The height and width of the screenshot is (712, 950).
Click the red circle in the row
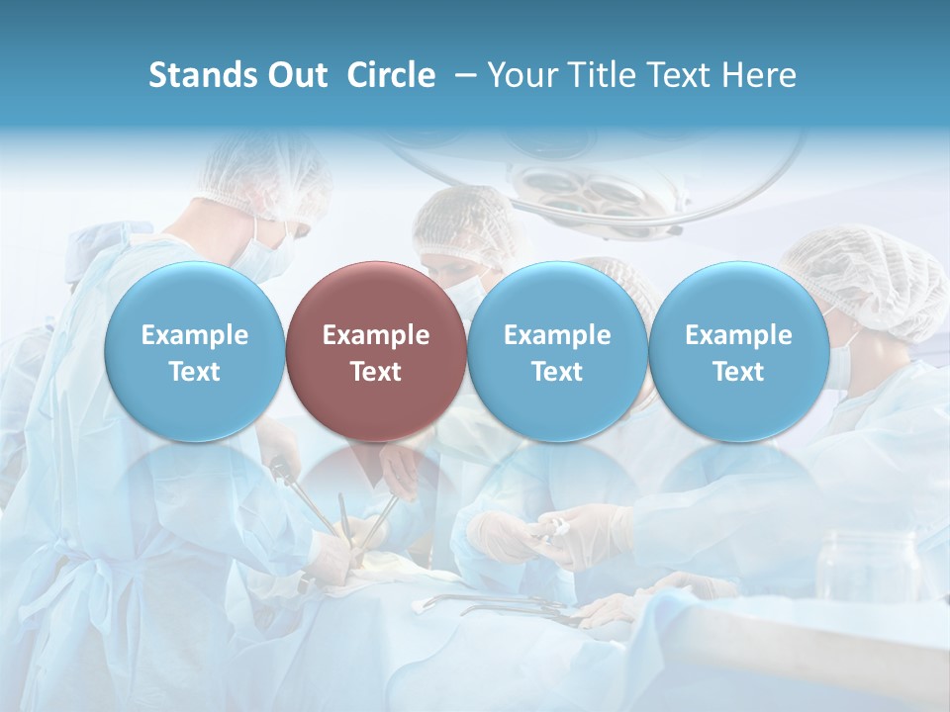click(x=375, y=351)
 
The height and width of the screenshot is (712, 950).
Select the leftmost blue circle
click(x=194, y=351)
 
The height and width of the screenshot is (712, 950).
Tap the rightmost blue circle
click(x=738, y=351)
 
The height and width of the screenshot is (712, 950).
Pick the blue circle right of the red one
click(x=557, y=351)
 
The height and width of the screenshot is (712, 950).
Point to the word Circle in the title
click(x=391, y=75)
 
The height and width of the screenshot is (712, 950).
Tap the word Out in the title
click(x=295, y=75)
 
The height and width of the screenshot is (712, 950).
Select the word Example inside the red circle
click(x=375, y=335)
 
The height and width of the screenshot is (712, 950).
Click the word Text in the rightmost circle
click(x=738, y=372)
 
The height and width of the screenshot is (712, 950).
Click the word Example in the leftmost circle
click(x=194, y=335)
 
